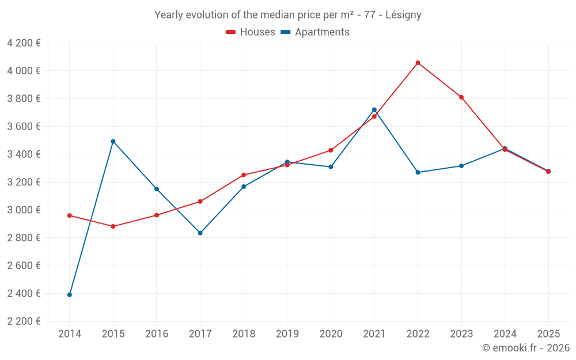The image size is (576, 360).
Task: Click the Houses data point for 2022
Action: [418, 63]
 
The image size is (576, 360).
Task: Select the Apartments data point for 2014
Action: [70, 294]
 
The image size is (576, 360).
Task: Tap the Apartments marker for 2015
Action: [113, 141]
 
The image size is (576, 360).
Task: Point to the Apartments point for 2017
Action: [200, 233]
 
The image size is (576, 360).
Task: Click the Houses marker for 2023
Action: [461, 97]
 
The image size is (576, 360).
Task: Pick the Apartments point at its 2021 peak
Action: [374, 109]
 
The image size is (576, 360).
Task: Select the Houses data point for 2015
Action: [113, 226]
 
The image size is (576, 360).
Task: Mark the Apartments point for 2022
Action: [418, 172]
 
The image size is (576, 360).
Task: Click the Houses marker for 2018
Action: [244, 175]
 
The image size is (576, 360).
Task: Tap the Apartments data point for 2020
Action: [331, 167]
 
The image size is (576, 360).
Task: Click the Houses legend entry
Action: [251, 32]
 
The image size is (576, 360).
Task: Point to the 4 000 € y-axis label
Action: [24, 71]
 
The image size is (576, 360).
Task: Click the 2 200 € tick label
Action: [24, 321]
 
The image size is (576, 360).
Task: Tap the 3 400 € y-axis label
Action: [24, 154]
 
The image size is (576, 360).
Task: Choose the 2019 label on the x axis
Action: [287, 334]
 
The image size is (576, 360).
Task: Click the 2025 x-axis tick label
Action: [548, 334]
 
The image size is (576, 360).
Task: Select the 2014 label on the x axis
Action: [70, 334]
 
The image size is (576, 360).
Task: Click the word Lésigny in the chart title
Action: [403, 15]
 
